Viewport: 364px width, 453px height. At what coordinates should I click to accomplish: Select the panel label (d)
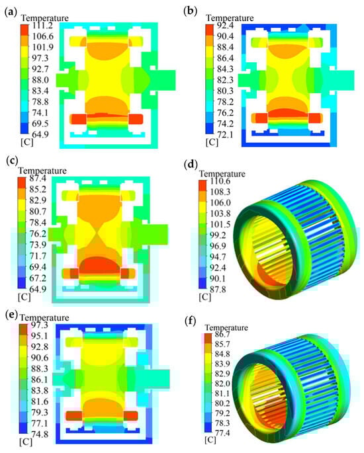(x=191, y=165)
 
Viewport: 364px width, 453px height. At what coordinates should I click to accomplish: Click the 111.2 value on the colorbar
(x=42, y=26)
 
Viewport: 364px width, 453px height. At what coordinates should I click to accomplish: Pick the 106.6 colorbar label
(x=42, y=36)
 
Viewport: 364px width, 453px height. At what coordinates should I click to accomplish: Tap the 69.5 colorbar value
(x=40, y=124)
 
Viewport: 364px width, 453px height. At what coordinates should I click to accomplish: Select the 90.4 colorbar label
(x=226, y=36)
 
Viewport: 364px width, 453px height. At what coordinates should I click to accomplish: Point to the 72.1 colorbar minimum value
(x=226, y=135)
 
